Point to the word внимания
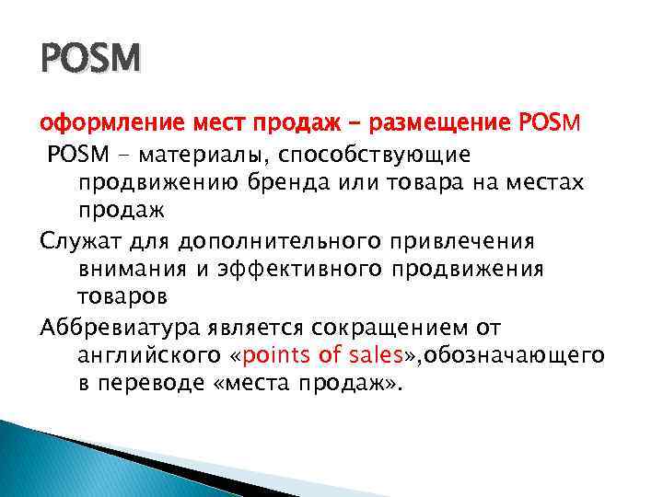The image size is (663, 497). [125, 271]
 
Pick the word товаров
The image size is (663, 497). [122, 299]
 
